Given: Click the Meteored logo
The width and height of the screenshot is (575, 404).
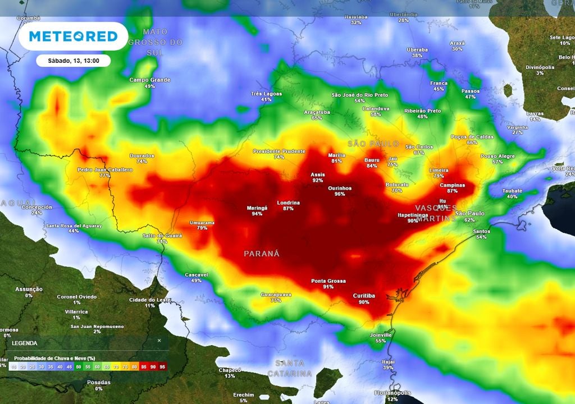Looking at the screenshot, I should [x=73, y=36].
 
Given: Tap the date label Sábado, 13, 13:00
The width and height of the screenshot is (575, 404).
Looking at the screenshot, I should [x=73, y=61].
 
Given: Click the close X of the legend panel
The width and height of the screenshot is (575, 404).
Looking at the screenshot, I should [x=159, y=341].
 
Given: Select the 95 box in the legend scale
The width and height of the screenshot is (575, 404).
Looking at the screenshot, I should [x=162, y=367].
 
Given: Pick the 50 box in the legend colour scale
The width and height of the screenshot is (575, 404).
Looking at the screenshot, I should [x=79, y=367].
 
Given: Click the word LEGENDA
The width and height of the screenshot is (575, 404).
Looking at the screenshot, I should [x=24, y=343].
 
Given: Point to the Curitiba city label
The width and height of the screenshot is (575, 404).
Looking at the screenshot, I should [x=363, y=296].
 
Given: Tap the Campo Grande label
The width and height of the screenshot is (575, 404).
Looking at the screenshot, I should [x=149, y=80].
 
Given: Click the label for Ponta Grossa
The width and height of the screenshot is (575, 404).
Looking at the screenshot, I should [x=328, y=281].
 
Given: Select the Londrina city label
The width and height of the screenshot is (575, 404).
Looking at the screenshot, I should [x=288, y=203].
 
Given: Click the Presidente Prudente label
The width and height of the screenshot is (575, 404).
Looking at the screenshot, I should [x=279, y=151].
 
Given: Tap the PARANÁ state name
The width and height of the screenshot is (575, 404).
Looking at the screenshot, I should [x=261, y=254].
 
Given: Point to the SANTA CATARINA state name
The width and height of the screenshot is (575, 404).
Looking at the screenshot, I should [x=289, y=369].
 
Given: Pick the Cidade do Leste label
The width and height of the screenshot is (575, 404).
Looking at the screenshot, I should [x=149, y=300].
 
